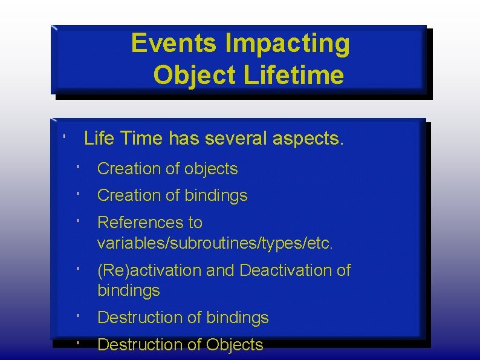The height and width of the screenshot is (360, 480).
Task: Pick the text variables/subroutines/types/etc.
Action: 215,243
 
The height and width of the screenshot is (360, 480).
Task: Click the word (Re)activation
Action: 149,270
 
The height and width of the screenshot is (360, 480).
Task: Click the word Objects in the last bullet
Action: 235,345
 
